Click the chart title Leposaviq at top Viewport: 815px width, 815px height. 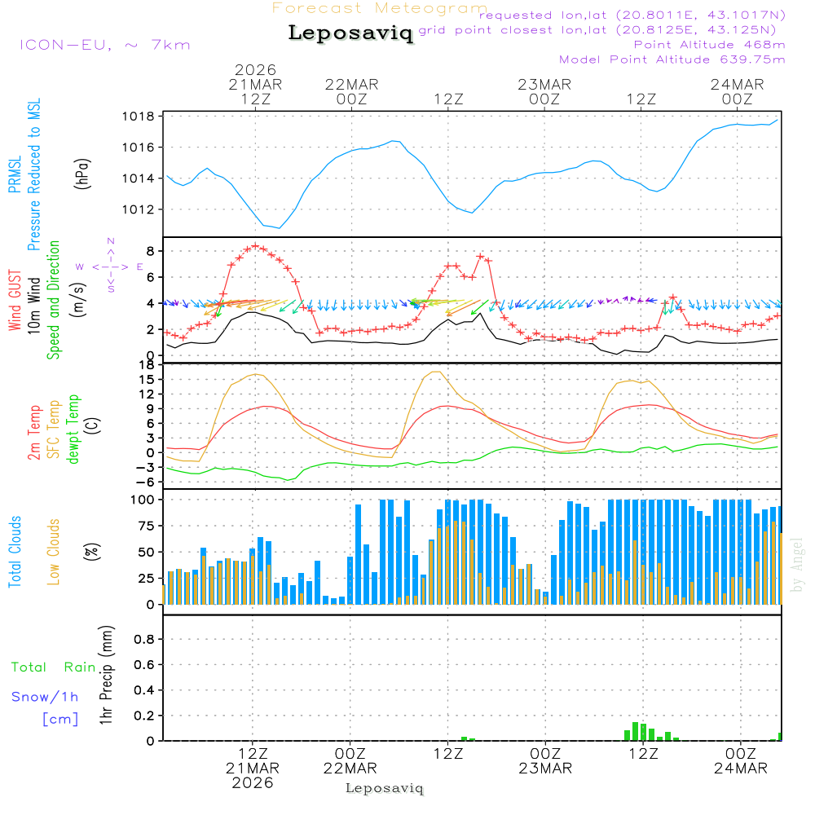[350, 33]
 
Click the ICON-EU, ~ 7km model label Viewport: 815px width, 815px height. [104, 45]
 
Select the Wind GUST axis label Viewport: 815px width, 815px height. [15, 302]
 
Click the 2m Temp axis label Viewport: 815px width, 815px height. [35, 431]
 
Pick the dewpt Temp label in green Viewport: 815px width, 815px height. [74, 429]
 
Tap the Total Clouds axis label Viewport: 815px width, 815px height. [15, 552]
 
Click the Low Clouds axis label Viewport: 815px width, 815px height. [54, 552]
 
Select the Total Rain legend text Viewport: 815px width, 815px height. [54, 667]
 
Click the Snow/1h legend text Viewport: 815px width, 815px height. [46, 697]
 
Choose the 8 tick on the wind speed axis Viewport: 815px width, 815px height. [150, 250]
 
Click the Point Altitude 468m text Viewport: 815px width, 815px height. [709, 44]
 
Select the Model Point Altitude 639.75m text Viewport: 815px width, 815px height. [672, 59]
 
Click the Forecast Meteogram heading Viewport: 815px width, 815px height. [380, 8]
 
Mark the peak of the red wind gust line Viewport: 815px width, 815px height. [255, 245]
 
